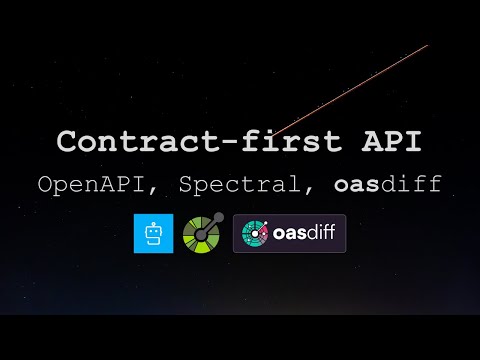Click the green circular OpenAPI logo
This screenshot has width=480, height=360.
pos(203,233)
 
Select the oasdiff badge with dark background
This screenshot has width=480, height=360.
pos(289,233)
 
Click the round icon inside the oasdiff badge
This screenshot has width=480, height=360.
pos(257,233)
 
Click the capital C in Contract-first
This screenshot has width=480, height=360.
pos(67,142)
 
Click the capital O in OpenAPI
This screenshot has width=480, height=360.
pos(45,185)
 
